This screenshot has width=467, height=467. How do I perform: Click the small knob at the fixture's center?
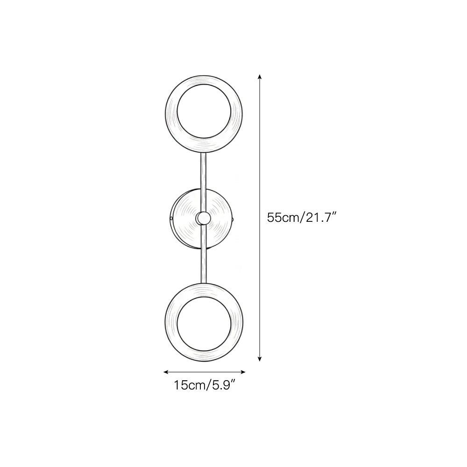(203, 218)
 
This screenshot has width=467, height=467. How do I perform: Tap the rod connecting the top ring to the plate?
(203, 170)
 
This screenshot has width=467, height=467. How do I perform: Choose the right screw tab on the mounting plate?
(233, 218)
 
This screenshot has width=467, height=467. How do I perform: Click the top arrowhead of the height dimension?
(260, 76)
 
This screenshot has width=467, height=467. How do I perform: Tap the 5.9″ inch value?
(223, 386)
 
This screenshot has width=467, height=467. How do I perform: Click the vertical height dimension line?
(260, 163)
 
